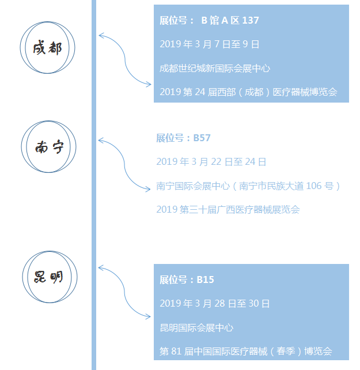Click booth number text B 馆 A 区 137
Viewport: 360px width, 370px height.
pyautogui.click(x=230, y=20)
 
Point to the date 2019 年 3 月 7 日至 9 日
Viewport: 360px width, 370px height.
pyautogui.click(x=210, y=44)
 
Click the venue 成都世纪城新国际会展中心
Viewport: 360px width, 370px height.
pyautogui.click(x=215, y=69)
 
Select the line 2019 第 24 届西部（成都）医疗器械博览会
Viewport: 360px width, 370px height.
pyautogui.click(x=248, y=92)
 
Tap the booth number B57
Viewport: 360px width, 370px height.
pyautogui.click(x=202, y=138)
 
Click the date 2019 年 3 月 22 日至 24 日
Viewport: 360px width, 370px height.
pyautogui.click(x=211, y=162)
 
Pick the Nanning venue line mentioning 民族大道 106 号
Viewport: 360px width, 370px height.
pyautogui.click(x=248, y=186)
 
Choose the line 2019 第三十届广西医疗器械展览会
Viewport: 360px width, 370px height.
pyautogui.click(x=228, y=210)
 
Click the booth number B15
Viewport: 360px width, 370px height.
pyautogui.click(x=205, y=280)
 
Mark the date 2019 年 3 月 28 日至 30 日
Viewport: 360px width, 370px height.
pyautogui.click(x=214, y=304)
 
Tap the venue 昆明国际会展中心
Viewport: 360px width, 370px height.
pyautogui.click(x=196, y=328)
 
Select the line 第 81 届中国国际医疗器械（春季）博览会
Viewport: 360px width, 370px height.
pyautogui.click(x=246, y=351)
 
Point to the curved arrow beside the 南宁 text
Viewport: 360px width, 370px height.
pyautogui.click(x=124, y=165)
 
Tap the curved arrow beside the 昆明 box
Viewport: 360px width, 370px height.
pyautogui.click(x=124, y=292)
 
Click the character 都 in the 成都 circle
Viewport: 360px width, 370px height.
pyautogui.click(x=55, y=48)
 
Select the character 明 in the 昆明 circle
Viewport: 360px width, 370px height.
pyautogui.click(x=56, y=277)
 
